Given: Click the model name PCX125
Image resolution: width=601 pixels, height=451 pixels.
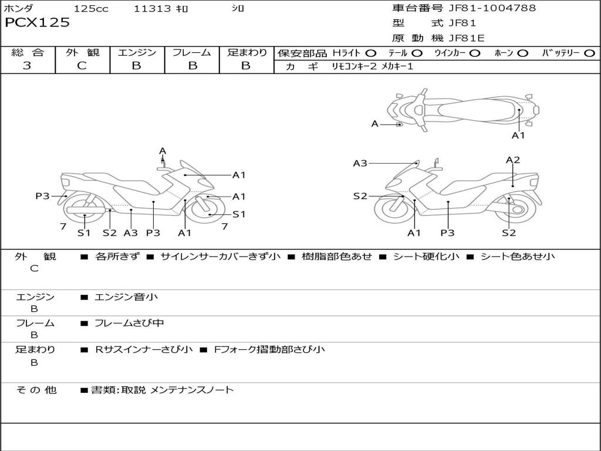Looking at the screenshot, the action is [x=37, y=23].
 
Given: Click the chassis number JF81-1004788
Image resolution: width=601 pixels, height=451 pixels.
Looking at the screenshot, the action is [x=492, y=8].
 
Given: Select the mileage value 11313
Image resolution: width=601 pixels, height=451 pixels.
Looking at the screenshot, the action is [x=153, y=9].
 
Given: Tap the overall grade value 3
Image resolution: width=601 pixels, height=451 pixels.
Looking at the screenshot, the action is [x=27, y=66].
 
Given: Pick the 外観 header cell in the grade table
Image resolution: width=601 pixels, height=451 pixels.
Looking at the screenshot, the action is [x=82, y=53].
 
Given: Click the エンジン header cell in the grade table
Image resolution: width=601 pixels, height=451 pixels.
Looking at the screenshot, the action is [x=137, y=53].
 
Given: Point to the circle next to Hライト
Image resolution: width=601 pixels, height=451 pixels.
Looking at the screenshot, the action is [x=370, y=53].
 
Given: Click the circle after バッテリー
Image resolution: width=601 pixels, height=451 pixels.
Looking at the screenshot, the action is [x=589, y=53].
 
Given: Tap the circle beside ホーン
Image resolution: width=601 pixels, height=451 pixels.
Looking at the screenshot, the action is [x=522, y=53].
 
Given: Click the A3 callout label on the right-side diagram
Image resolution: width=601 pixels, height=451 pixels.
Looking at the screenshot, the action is [x=360, y=164].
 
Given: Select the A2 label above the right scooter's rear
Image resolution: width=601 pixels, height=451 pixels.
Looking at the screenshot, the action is [x=513, y=160].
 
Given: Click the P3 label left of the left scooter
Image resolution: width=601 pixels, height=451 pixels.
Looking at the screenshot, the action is [x=42, y=196].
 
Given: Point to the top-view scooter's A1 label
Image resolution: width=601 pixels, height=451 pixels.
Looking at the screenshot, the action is [x=518, y=136].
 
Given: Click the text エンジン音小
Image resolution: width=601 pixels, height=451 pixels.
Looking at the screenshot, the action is [x=126, y=297].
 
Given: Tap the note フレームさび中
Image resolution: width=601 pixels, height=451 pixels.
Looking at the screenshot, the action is [x=129, y=323].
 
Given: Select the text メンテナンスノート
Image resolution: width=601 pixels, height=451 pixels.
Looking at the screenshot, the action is [x=192, y=389].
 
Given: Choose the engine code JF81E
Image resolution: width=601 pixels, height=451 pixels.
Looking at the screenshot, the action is [x=467, y=39].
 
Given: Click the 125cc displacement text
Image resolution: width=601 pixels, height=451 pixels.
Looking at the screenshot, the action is [x=91, y=9].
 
